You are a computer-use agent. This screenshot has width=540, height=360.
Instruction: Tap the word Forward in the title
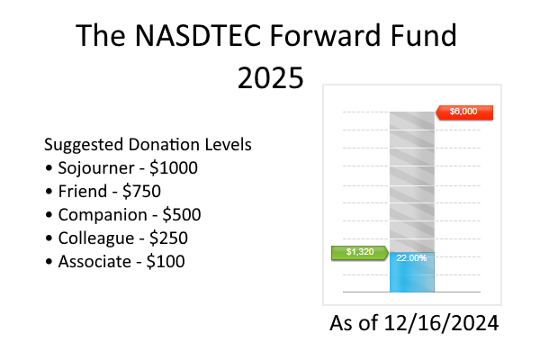pyautogui.click(x=325, y=37)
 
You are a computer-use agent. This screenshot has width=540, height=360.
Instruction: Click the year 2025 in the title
pyautogui.click(x=270, y=78)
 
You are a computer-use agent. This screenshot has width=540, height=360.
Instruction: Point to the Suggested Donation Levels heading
pyautogui.click(x=148, y=145)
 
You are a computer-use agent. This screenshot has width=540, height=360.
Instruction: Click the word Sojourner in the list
pyautogui.click(x=96, y=168)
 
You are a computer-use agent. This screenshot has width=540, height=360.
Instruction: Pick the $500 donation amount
pyautogui.click(x=180, y=215)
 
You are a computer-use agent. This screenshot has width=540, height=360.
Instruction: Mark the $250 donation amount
pyautogui.click(x=169, y=238)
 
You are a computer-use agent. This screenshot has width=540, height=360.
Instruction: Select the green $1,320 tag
pyautogui.click(x=358, y=252)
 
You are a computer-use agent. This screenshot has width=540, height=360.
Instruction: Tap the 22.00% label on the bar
pyautogui.click(x=411, y=258)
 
